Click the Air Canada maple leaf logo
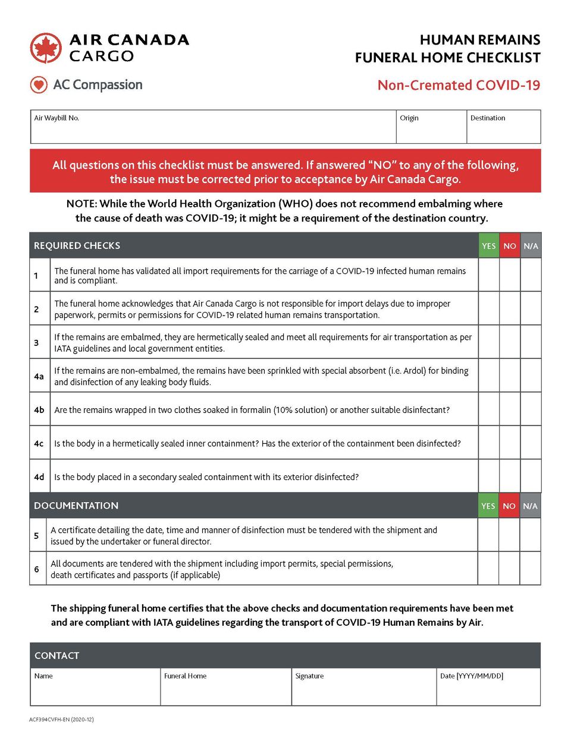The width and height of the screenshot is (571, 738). coord(46,48)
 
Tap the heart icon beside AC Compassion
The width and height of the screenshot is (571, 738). coord(39,85)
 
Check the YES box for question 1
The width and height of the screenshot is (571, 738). coord(489,275)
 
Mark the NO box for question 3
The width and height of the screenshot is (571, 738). coord(510,342)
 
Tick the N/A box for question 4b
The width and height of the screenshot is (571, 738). coord(531,409)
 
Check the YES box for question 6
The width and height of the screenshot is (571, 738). coord(488,569)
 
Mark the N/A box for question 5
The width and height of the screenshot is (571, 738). coord(530,535)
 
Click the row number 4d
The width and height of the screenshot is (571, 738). coord(39,477)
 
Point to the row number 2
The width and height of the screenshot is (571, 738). coord(36,309)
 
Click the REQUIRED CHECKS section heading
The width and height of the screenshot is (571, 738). coord(77,246)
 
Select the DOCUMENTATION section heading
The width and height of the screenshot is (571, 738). coord(76,506)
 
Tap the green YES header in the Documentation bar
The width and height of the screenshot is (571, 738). coord(488,506)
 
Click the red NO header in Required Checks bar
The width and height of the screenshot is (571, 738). coord(510,246)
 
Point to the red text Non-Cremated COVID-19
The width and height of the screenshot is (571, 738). coord(459,86)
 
